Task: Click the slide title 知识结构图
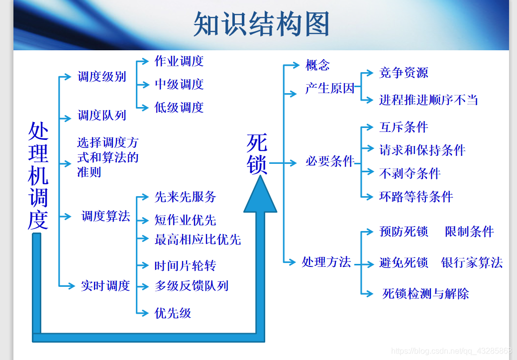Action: pos(261,24)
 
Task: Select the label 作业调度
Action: pos(179,61)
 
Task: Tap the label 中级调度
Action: pos(179,84)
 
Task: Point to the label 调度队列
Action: pos(102,116)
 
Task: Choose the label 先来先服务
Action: pos(185,197)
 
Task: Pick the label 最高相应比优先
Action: pos(198,240)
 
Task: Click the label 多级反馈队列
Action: pos(192,286)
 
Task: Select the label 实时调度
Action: pos(105,286)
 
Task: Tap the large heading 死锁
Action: pos(257,154)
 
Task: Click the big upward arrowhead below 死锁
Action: pos(260,197)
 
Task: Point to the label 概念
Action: pos(317,65)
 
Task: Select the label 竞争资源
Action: pos(404,73)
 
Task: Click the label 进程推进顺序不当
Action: pos(428,100)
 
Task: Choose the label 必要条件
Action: pos(330,161)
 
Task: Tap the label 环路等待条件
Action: pos(416,197)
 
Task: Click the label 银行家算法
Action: pos(472,262)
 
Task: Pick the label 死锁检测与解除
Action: pos(425,293)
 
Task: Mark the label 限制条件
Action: pos(469,232)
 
